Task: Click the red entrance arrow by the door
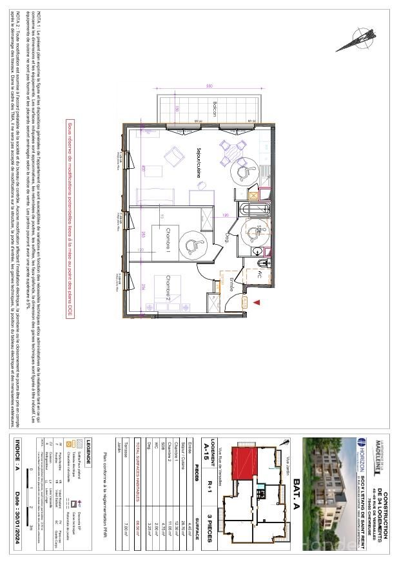click(x=257, y=302)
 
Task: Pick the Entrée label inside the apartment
click(x=230, y=284)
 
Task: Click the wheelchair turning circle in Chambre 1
click(x=191, y=244)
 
